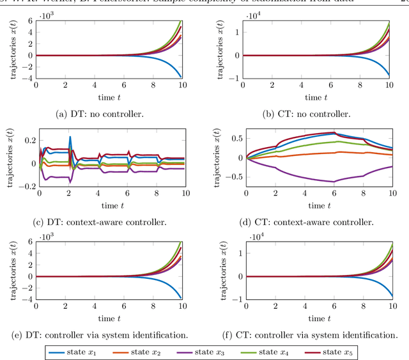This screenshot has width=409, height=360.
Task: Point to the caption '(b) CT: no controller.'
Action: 307,114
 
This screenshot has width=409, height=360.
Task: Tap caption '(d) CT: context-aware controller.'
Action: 307,222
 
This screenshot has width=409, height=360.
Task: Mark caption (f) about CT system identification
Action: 307,334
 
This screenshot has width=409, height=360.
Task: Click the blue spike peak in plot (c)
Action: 70,137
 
